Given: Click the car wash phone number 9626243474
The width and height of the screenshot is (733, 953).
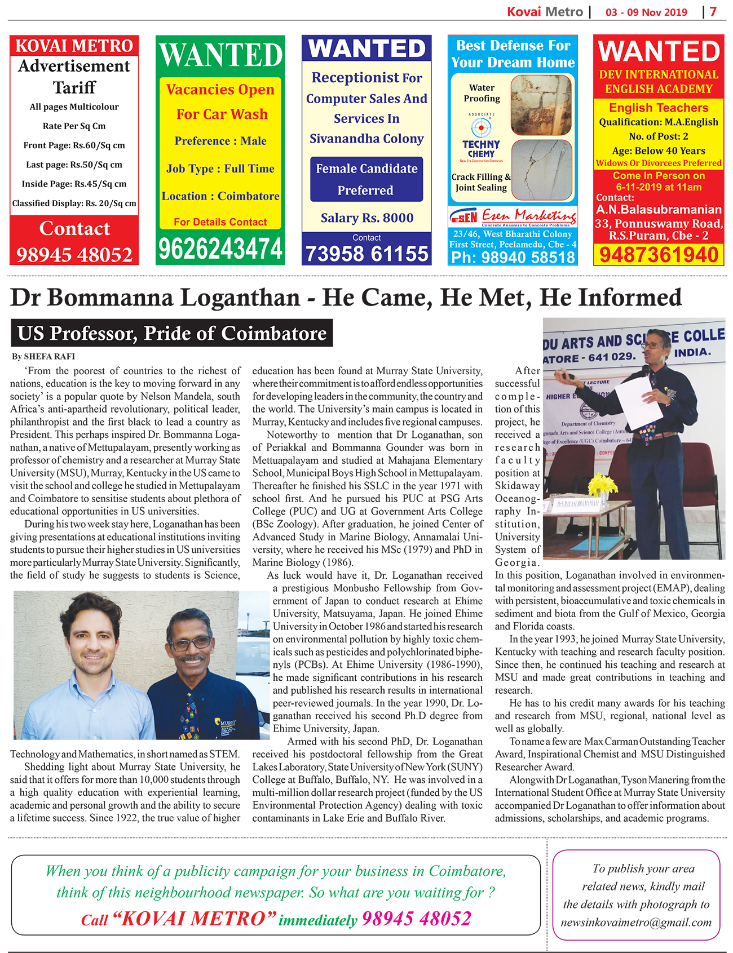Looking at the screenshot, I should [x=220, y=249].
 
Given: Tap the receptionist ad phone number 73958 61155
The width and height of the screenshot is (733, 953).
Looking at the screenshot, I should [x=366, y=254].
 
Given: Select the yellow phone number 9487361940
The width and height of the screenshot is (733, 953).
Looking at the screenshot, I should [x=659, y=255].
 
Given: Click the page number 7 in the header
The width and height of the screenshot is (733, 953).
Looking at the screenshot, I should [x=713, y=12].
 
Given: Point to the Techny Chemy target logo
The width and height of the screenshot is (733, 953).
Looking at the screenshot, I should [x=481, y=127].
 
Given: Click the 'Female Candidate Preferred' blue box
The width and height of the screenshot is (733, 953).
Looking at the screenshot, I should [x=366, y=179].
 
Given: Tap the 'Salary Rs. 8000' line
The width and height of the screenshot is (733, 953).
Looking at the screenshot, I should [x=366, y=218].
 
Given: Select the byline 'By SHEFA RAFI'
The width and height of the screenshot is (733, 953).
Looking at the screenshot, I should [x=43, y=356].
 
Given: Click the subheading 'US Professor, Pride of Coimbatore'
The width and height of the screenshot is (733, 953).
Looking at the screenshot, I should [x=172, y=333].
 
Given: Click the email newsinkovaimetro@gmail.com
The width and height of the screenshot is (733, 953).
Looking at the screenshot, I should [x=636, y=923].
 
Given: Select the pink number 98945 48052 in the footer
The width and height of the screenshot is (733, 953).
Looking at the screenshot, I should [x=416, y=919].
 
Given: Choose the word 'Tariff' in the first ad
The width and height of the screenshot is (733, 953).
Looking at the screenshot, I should [x=74, y=87].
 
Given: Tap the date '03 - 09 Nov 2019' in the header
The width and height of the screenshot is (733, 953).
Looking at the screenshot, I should [x=646, y=12].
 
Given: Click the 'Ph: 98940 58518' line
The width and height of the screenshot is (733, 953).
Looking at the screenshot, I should [x=513, y=258].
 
